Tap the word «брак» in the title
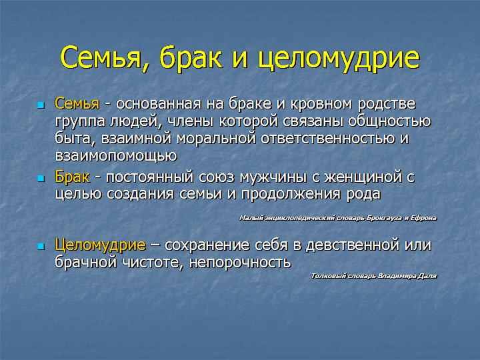coord(191,57)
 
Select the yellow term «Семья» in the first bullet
coord(77,104)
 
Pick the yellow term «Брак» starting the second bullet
coord(72,177)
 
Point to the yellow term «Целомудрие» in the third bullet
coord(100,245)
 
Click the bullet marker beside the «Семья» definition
coord(41,105)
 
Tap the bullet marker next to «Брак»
coord(41,179)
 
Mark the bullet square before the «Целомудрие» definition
coord(41,247)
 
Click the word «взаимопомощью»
coord(116,156)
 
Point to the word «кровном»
coord(321,105)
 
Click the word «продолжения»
coord(291,195)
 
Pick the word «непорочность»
coord(240,263)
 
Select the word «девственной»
coord(353,245)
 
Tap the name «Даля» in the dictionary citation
coord(428,276)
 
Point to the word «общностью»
coord(389,121)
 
